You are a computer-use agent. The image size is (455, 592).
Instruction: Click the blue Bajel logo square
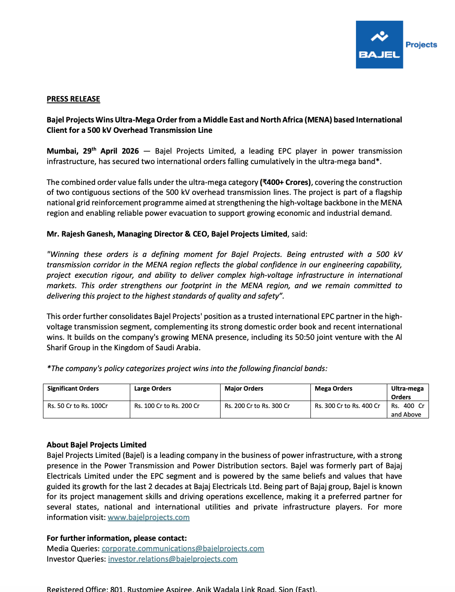(x=379, y=45)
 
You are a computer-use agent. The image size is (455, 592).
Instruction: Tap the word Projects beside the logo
(x=421, y=45)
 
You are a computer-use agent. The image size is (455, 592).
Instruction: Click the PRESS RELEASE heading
(x=73, y=99)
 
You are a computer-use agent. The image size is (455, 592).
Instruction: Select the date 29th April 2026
(x=111, y=151)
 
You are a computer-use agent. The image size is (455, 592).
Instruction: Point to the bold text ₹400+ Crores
(x=286, y=182)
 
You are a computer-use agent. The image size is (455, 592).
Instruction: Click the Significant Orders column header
(x=73, y=388)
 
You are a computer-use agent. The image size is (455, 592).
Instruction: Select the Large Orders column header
(x=152, y=388)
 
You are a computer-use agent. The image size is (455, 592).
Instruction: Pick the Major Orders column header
(x=244, y=388)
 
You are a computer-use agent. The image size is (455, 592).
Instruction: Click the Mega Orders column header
(x=333, y=388)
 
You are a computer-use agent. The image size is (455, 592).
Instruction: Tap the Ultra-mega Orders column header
(x=407, y=392)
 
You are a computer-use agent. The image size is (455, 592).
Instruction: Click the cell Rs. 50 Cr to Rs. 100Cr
(x=78, y=406)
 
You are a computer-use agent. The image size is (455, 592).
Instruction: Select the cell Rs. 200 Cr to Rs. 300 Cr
(x=257, y=406)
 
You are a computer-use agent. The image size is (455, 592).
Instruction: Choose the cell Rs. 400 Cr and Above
(x=407, y=410)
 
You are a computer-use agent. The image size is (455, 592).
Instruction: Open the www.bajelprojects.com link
(x=148, y=517)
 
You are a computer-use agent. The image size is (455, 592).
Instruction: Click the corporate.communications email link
(x=183, y=549)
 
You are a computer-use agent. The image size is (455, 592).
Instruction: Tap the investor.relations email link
(x=173, y=559)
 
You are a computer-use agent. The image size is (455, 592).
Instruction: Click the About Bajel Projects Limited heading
(x=96, y=445)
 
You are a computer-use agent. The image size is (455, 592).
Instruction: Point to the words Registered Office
(x=77, y=589)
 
